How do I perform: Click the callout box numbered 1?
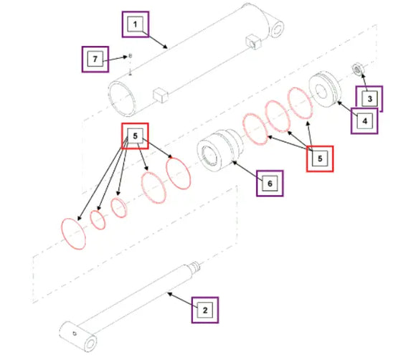click(x=136, y=24)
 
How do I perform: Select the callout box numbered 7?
click(x=95, y=59)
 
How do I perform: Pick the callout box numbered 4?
click(x=364, y=121)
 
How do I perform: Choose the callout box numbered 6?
click(x=270, y=184)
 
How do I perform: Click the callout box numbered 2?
click(x=205, y=310)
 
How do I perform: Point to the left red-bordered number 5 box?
click(x=135, y=136)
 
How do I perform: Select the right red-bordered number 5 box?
click(x=320, y=158)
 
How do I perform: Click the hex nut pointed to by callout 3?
click(x=357, y=69)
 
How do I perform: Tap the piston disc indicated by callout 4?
click(x=325, y=89)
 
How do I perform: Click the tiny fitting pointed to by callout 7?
click(x=130, y=56)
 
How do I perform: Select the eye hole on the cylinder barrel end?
click(x=277, y=29)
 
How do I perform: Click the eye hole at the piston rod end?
click(x=90, y=344)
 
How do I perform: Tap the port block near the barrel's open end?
click(x=161, y=95)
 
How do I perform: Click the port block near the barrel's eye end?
click(x=254, y=42)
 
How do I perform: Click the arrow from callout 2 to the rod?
click(x=182, y=300)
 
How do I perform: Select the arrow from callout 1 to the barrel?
click(x=155, y=40)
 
